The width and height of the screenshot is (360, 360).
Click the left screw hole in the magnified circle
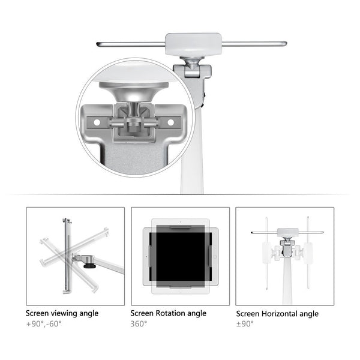click(x=94, y=122)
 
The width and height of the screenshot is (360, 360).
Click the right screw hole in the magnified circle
click(x=170, y=122)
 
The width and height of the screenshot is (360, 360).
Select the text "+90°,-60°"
click(x=43, y=324)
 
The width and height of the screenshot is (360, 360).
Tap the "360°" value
click(x=139, y=324)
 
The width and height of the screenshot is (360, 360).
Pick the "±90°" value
click(x=245, y=324)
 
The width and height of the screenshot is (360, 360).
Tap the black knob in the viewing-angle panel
click(x=90, y=262)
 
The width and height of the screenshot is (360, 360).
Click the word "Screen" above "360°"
click(x=143, y=313)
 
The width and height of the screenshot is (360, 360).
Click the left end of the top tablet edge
click(x=100, y=44)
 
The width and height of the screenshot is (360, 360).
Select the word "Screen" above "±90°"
click(x=248, y=314)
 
